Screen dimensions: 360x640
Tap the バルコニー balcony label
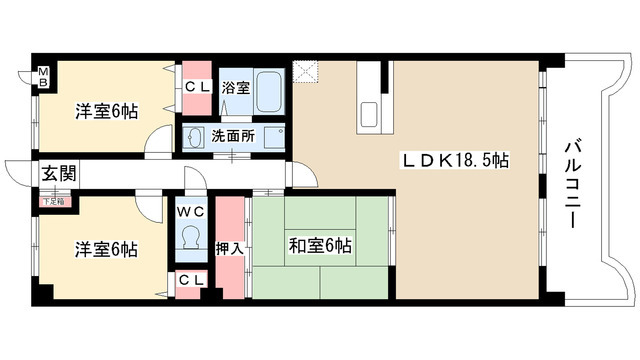coord(573,184)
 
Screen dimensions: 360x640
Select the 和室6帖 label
coord(320,244)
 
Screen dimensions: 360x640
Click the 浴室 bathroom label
coord(235,87)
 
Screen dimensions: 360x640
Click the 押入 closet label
coord(229,247)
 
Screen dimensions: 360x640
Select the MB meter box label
coord(44,76)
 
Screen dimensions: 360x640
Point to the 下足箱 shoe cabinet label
coord(52,201)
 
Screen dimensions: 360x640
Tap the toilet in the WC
coord(190,241)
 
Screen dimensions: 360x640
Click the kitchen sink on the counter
coord(366,111)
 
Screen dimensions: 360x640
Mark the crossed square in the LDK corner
coord(306,72)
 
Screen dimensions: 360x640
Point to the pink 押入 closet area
coord(230,270)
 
